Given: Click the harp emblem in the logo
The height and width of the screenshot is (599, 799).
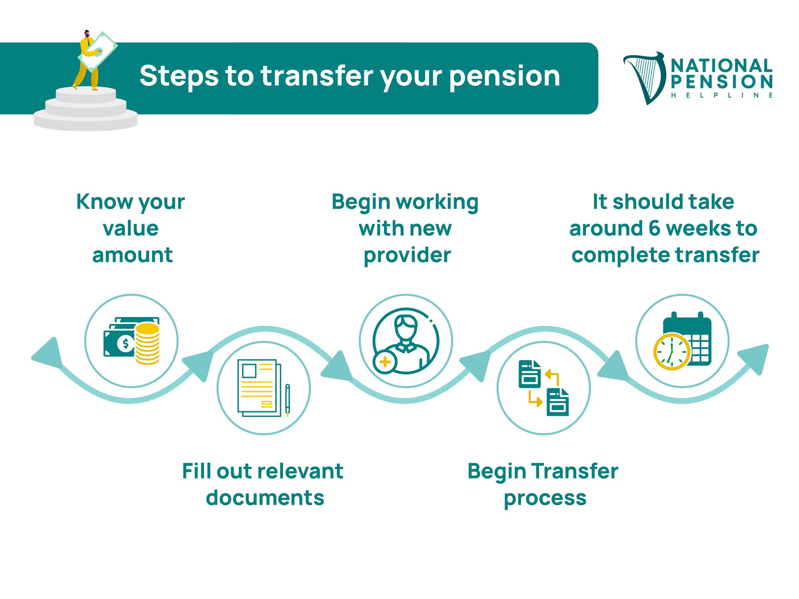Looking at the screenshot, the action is pyautogui.click(x=644, y=78).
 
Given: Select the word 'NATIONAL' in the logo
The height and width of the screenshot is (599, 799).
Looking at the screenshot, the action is pyautogui.click(x=722, y=65).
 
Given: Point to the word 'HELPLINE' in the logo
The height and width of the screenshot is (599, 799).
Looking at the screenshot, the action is pyautogui.click(x=722, y=96).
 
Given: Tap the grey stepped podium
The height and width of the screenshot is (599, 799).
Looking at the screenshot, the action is pyautogui.click(x=86, y=109).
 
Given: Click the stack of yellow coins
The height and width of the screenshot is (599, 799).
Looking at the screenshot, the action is pyautogui.click(x=147, y=344).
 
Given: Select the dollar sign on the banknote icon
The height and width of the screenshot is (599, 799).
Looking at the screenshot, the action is pyautogui.click(x=125, y=344).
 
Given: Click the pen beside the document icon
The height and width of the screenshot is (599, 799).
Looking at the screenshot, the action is pyautogui.click(x=287, y=400).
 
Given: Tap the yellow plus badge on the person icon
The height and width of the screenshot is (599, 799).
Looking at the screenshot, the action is pyautogui.click(x=385, y=362).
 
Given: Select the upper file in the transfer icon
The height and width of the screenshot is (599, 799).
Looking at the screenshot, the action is pyautogui.click(x=529, y=374).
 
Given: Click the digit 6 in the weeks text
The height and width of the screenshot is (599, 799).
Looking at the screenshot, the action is pyautogui.click(x=654, y=229).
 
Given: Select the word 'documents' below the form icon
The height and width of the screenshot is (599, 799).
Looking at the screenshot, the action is pyautogui.click(x=265, y=498).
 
